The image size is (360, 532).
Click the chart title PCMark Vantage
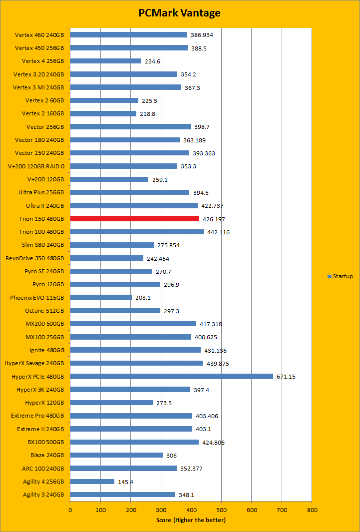point(180,13)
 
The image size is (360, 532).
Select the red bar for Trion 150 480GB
point(135,219)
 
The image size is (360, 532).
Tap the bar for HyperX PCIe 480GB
point(171,376)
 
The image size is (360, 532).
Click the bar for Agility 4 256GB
point(92,482)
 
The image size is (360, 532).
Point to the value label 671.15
point(286,377)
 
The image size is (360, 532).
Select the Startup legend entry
point(340,276)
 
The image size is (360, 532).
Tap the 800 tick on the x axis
point(312,511)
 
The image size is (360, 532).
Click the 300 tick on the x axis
point(161,511)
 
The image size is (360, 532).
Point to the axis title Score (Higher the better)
point(191,520)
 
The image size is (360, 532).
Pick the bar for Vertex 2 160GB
point(103,113)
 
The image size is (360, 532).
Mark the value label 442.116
point(219,232)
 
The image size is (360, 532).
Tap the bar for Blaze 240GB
point(116,455)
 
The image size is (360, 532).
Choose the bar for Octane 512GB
point(115,311)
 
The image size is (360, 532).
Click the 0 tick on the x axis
point(70,511)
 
